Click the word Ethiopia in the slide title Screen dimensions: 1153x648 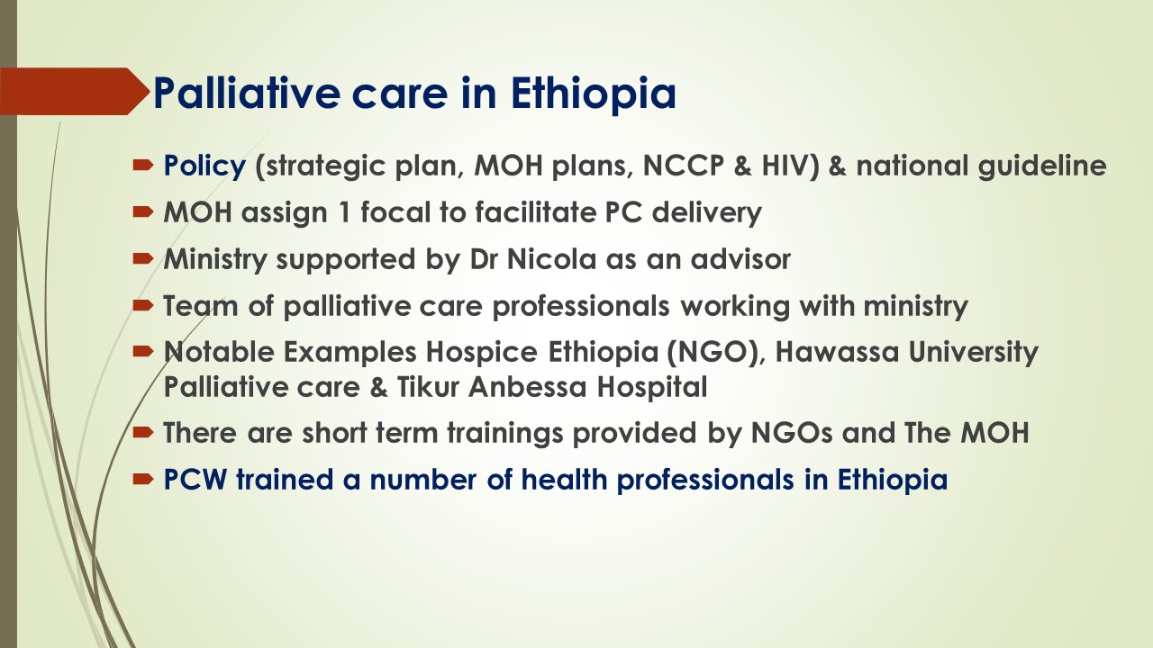coord(594,94)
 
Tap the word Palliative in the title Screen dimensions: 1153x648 coord(247,93)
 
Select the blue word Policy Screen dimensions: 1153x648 coord(204,166)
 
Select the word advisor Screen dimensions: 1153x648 coord(740,258)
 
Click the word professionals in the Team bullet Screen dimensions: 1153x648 coord(581,307)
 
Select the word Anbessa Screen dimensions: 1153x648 coord(528,387)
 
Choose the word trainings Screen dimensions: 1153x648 coord(505,433)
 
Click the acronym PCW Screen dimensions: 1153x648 coord(195,480)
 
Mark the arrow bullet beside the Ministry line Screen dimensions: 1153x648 coord(142,258)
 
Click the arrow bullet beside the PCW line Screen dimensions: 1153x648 coord(142,480)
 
